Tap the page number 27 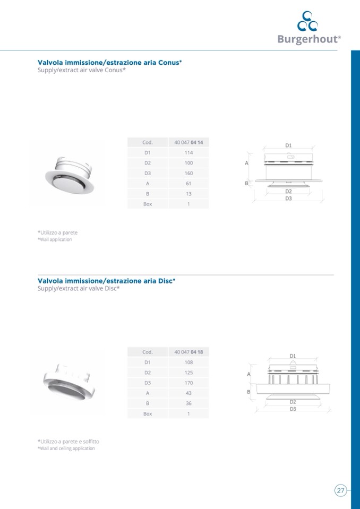click(341, 490)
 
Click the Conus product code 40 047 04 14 click(188, 142)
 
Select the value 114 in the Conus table click(188, 152)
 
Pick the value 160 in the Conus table click(188, 173)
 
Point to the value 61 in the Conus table click(188, 184)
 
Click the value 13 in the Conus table click(188, 194)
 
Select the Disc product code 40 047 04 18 click(188, 352)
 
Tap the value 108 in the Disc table click(188, 362)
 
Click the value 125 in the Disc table click(188, 373)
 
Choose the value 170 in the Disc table click(188, 383)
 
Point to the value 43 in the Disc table click(188, 393)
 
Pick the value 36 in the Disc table click(188, 403)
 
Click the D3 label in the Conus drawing click(288, 198)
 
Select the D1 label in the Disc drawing click(293, 356)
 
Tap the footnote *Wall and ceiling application click(66, 448)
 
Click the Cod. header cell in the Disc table click(148, 352)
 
